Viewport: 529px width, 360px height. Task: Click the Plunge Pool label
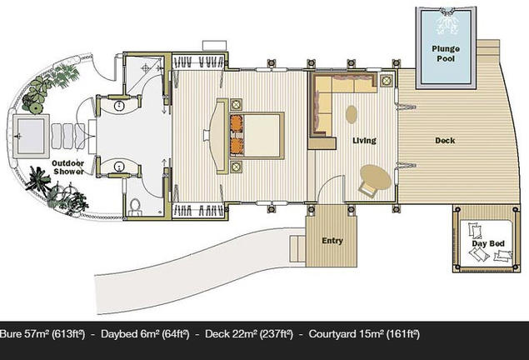[446, 53]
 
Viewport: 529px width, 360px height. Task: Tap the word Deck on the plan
[445, 141]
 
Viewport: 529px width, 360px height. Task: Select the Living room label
[364, 141]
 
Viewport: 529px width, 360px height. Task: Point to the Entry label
[332, 241]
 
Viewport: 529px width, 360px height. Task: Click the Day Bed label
[488, 243]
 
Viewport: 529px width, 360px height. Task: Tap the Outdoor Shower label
[67, 167]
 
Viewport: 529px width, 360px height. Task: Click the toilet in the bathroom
[135, 207]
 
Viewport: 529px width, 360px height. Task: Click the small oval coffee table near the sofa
[352, 115]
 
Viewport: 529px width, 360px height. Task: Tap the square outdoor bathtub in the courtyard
[31, 136]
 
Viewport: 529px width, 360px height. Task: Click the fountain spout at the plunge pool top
[447, 12]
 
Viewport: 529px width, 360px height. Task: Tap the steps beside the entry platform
[297, 248]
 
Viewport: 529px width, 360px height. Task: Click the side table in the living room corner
[387, 80]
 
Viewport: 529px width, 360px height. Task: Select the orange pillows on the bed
[237, 135]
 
